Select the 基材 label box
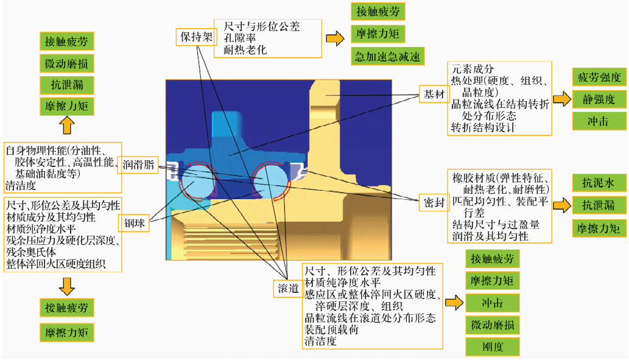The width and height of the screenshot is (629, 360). click(x=434, y=94)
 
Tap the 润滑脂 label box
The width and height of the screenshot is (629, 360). click(x=138, y=164)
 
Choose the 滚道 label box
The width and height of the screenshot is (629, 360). click(x=287, y=288)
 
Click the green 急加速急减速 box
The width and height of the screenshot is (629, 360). click(x=388, y=57)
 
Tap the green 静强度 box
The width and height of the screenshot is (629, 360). click(x=599, y=98)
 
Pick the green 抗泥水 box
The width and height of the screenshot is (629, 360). click(x=599, y=183)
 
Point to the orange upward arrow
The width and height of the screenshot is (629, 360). click(x=66, y=125)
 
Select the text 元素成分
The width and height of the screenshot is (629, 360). click(x=472, y=69)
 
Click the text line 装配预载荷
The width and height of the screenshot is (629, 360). click(x=331, y=330)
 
